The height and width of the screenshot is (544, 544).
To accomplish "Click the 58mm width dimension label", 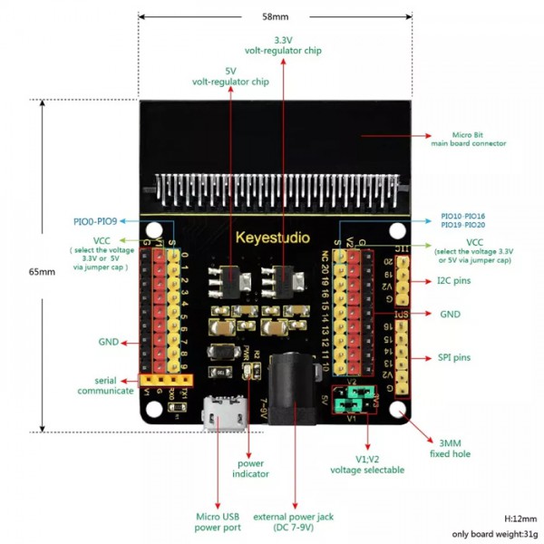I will pos(276,16).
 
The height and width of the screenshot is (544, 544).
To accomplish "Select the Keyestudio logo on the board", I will pos(272,238).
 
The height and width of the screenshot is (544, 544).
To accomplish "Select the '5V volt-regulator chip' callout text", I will pos(230,76).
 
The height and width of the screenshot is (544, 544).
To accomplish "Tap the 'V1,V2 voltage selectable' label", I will pos(366,464).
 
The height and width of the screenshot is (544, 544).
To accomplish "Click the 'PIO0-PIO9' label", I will pos(95,220).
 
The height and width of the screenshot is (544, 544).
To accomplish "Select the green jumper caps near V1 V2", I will pos(361,400).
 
